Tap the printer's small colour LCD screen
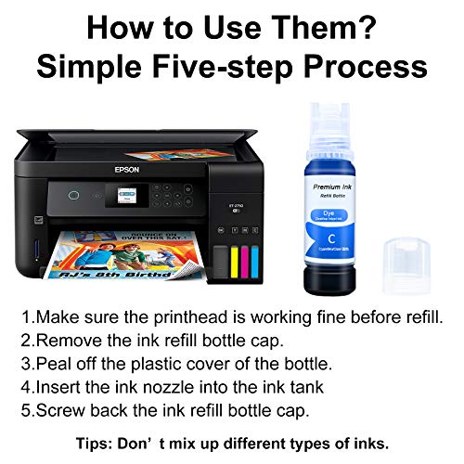pos(125,199)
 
